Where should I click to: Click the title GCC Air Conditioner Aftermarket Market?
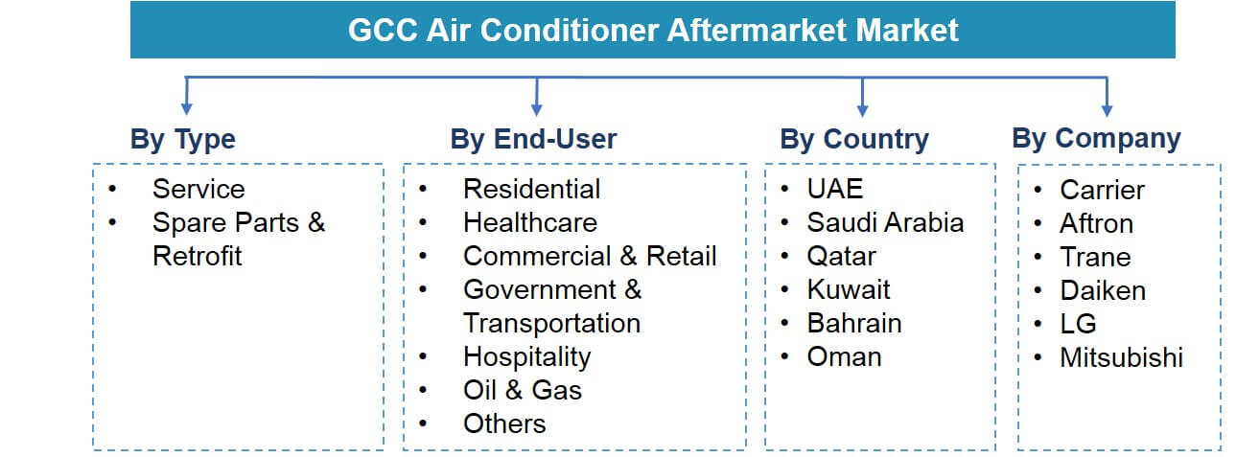[x=652, y=30]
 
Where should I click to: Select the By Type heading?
[x=182, y=139]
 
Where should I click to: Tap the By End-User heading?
[x=533, y=139]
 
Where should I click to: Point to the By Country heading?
[x=853, y=139]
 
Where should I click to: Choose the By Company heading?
[x=1096, y=138]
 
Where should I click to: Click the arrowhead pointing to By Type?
[x=187, y=107]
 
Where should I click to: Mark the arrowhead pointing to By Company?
[x=1107, y=107]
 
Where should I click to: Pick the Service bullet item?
[x=198, y=189]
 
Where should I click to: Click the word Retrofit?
[x=197, y=256]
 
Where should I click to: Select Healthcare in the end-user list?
[x=529, y=222]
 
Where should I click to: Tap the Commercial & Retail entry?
[x=589, y=256]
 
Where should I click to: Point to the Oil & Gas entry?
[x=522, y=390]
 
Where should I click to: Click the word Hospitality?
[x=526, y=356]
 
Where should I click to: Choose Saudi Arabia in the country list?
[x=884, y=222]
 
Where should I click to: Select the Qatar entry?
[x=841, y=256]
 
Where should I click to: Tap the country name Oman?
[x=844, y=356]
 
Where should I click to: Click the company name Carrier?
[x=1102, y=190]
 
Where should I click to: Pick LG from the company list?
[x=1078, y=323]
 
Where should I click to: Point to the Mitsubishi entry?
[x=1121, y=357]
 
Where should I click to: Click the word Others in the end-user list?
[x=504, y=423]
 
